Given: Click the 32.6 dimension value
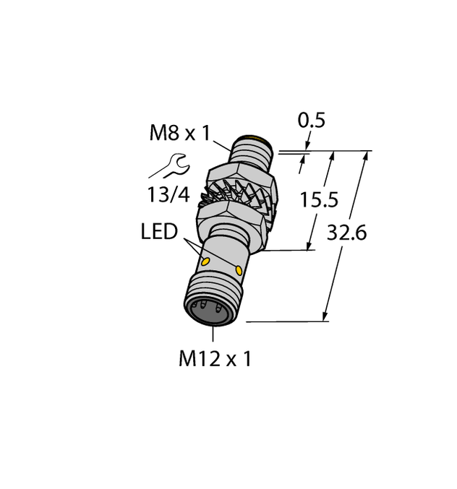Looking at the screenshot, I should point(347,233).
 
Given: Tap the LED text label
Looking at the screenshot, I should point(159,232).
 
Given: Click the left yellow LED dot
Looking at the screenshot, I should point(205,261).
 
